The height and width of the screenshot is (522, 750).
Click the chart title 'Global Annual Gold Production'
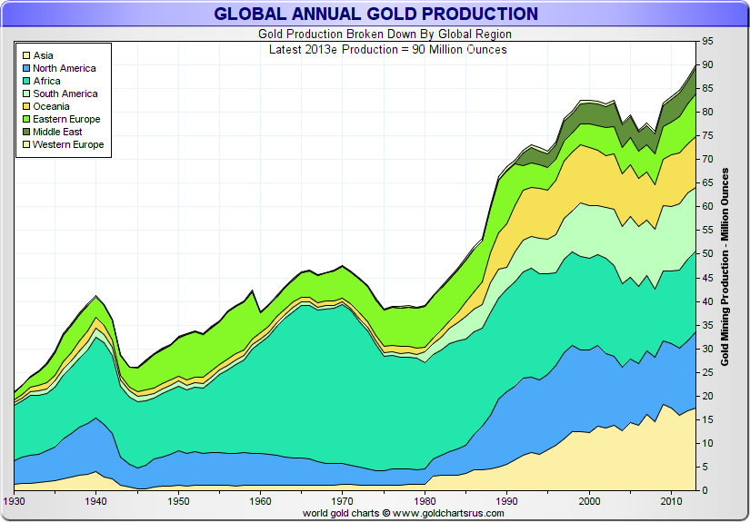pos(375,14)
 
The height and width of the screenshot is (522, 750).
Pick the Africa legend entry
pos(47,81)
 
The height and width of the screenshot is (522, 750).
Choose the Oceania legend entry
pos(52,106)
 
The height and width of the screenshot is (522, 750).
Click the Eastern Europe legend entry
pos(66,119)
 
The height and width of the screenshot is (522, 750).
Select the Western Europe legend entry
pos(68,144)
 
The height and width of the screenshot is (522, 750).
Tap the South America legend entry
pos(65,94)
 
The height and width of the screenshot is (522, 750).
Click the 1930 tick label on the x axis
pos(15,501)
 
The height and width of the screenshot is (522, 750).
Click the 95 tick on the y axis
pos(707,42)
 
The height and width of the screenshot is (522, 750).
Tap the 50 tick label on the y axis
pos(707,254)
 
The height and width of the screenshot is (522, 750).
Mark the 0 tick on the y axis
pos(705,491)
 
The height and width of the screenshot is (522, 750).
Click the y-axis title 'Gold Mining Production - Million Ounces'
pos(725,266)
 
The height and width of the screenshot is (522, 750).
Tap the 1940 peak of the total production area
pos(96,296)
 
